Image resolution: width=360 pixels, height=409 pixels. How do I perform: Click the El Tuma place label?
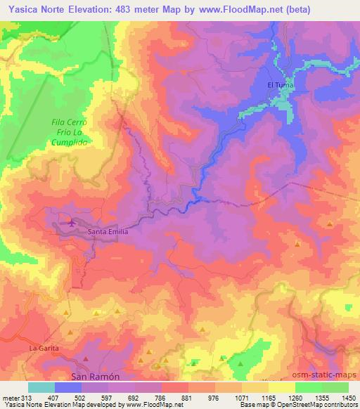(279, 85)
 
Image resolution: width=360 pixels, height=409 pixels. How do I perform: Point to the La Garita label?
(41, 348)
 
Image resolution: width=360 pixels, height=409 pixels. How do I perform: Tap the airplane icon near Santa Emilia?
(71, 223)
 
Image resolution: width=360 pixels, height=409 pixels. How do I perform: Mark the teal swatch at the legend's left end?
(41, 387)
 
